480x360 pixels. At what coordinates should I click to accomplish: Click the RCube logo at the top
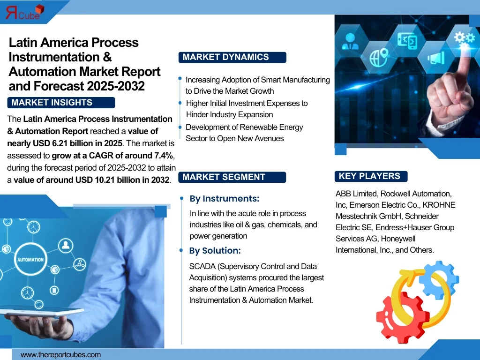[25, 12]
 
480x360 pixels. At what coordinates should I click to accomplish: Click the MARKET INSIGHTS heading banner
[61, 103]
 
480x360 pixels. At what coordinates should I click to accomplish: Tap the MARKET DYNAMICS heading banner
[232, 57]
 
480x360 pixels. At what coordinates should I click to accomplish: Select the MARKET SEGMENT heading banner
[232, 177]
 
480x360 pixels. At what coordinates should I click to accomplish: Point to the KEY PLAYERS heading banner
[371, 176]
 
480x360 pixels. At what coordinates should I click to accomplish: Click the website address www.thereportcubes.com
[60, 355]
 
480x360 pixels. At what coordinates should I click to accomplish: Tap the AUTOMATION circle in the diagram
[30, 260]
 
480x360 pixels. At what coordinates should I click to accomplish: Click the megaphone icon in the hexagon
[435, 58]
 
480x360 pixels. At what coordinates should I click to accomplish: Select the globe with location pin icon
[379, 57]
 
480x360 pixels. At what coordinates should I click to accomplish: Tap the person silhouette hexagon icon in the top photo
[350, 42]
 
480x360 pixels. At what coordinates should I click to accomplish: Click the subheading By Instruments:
[225, 199]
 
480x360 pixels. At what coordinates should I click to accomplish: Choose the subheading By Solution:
[215, 251]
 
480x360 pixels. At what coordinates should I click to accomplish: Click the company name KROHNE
[439, 205]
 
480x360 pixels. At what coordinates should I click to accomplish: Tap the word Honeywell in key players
[398, 239]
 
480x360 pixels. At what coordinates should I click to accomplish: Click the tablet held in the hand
[42, 312]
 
